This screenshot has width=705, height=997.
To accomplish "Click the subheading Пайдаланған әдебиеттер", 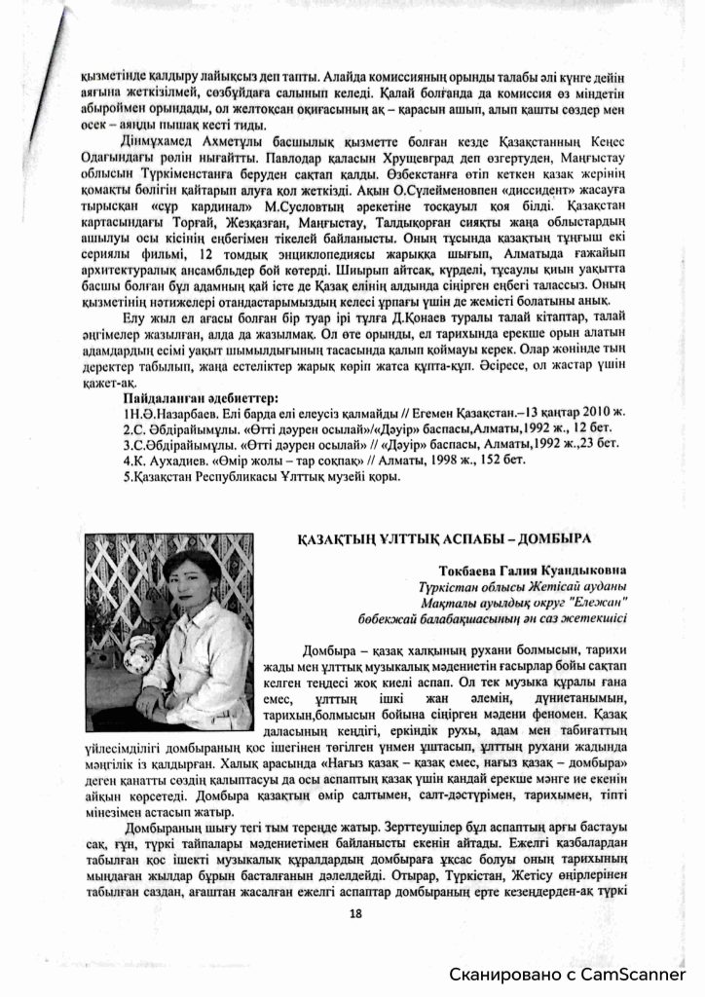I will (x=201, y=398).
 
